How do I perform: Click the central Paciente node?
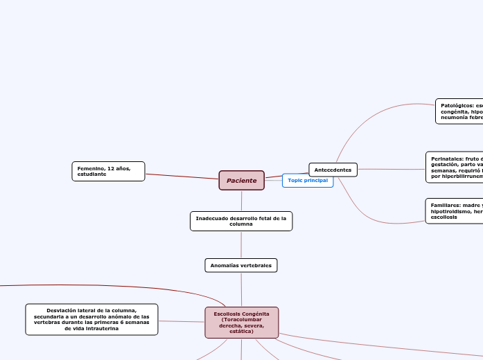241,181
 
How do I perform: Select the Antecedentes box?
333,170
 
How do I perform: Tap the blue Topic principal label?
308,181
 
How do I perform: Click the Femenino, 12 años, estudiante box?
108,171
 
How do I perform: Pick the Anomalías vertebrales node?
241,265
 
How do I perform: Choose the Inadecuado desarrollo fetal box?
241,221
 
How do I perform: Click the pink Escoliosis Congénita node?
241,323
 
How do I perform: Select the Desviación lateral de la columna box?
91,319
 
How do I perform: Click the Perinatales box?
455,168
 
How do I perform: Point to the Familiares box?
455,211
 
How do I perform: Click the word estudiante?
92,174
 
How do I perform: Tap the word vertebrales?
256,265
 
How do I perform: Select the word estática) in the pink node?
241,332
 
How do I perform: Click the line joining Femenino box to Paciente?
182,176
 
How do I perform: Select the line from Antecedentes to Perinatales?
392,168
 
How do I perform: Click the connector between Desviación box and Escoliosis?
182,321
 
